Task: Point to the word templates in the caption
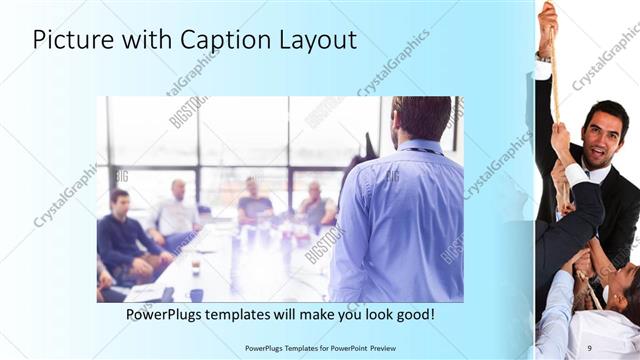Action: [x=253, y=315]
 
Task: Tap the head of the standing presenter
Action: [x=421, y=119]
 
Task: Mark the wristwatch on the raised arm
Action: [x=543, y=58]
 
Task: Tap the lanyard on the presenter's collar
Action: [x=421, y=151]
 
